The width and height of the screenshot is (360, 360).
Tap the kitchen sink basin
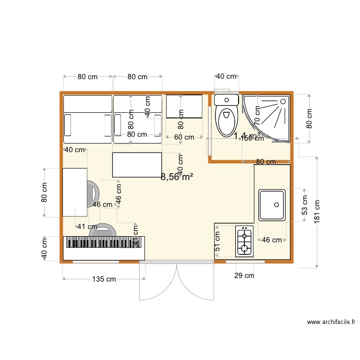pos(272,205)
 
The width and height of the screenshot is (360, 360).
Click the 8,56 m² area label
pos(177,177)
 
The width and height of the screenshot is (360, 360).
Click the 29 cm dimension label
pos(244,275)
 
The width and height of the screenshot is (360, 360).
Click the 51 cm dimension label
pos(217,242)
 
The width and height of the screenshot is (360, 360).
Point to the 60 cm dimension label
pos(184,137)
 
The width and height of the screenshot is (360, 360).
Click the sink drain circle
pos(277,204)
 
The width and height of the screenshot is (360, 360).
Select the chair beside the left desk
pos(93,193)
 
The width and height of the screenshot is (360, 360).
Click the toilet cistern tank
pos(226,100)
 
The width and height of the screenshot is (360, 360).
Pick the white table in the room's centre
pos(137,165)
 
